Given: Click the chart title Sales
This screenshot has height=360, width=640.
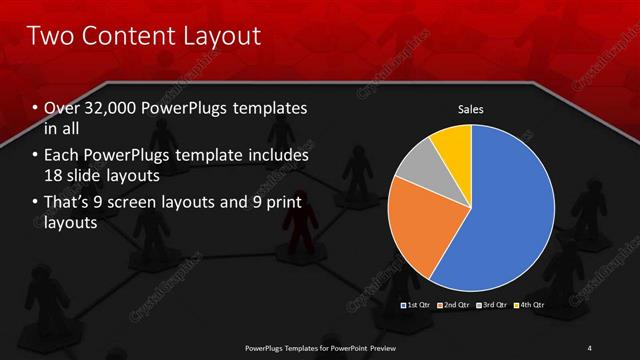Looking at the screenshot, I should click(470, 109).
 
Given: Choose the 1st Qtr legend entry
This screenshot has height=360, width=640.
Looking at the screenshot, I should click(414, 303).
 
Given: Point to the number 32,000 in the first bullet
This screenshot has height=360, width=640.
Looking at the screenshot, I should click(117, 108).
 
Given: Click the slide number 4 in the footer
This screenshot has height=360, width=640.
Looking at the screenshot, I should click(590, 348).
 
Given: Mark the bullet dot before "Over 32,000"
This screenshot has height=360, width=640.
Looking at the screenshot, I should click(36, 108).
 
